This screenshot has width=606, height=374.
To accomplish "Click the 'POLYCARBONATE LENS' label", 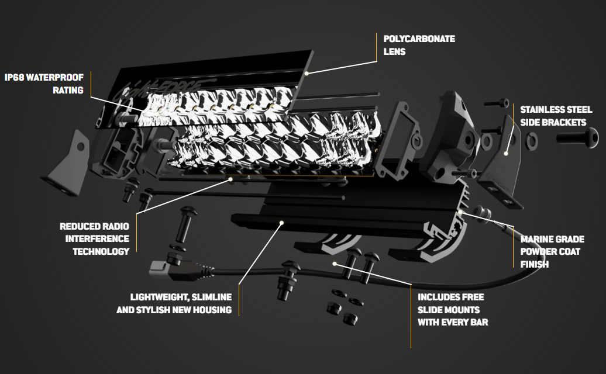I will (419, 45).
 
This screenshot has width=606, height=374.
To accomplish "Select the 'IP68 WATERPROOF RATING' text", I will (44, 84).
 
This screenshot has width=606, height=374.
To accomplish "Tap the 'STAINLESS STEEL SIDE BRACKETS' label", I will (556, 116).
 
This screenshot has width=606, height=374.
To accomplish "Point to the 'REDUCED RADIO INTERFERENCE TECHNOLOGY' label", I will (94, 238).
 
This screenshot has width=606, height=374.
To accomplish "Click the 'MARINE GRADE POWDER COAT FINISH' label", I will (550, 251).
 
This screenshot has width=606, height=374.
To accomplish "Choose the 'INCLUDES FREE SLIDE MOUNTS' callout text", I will (452, 309).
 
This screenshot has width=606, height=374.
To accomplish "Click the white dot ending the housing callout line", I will (281, 222).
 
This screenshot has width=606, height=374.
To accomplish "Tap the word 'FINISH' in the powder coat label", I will (535, 264).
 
